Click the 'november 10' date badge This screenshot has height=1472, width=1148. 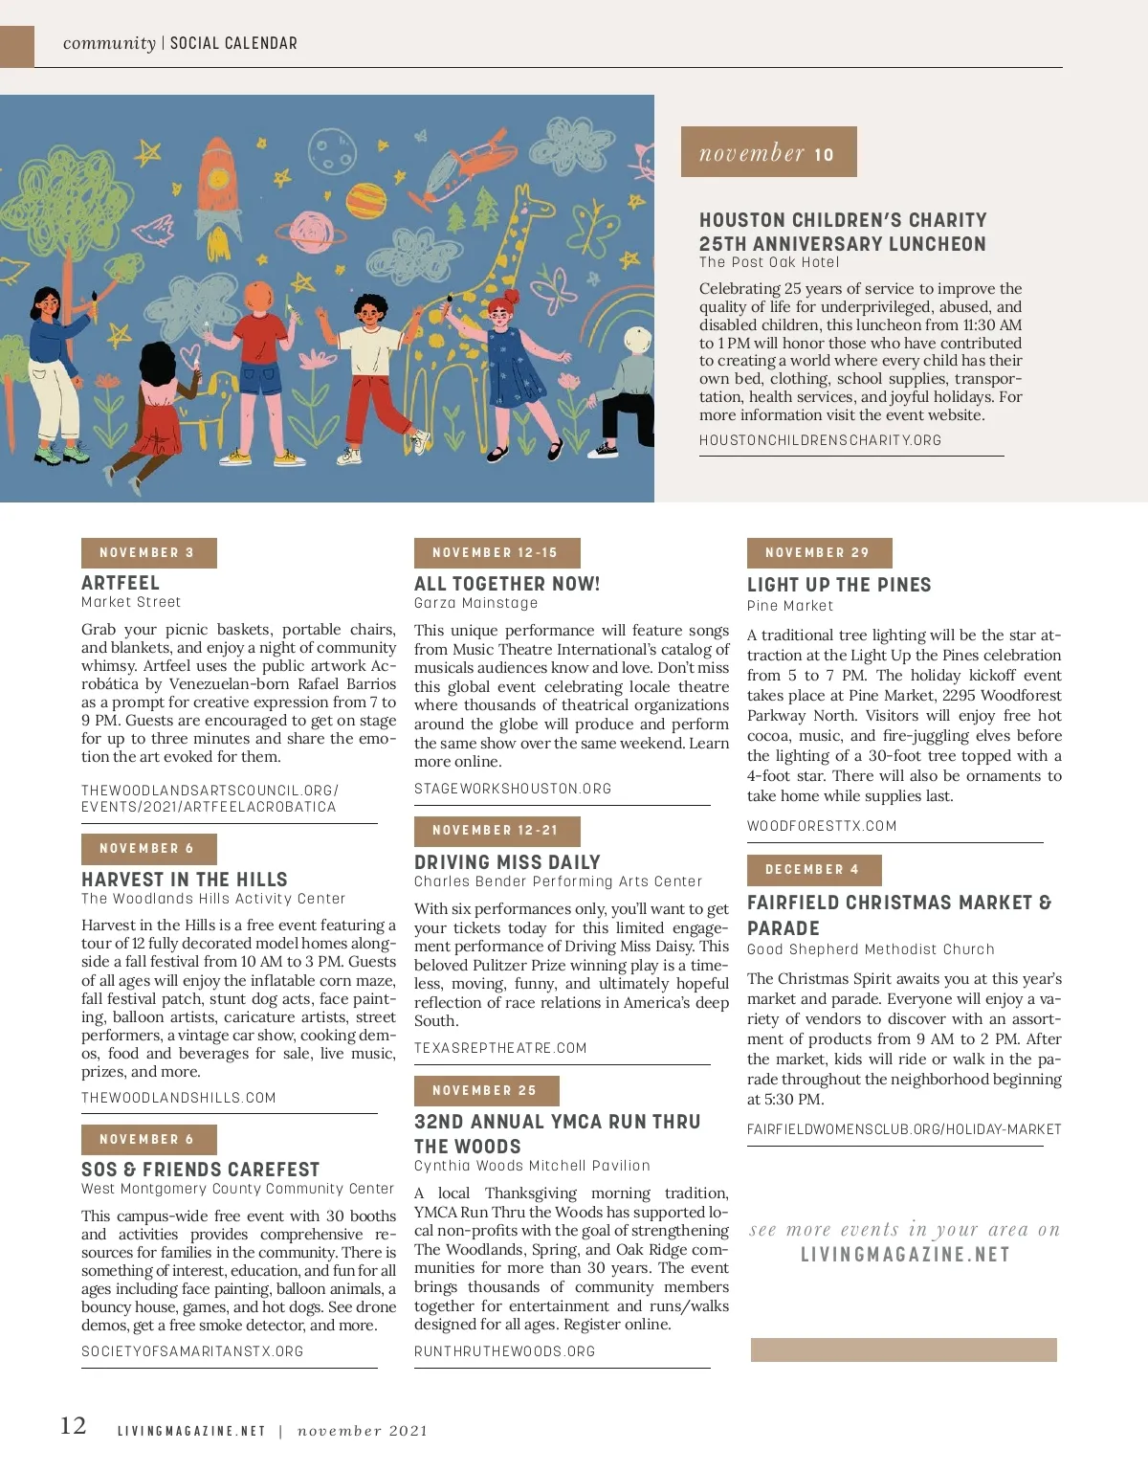pyautogui.click(x=768, y=152)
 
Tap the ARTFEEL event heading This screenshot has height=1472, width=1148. pyautogui.click(x=121, y=583)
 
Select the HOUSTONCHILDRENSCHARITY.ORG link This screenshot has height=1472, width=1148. pyautogui.click(x=820, y=440)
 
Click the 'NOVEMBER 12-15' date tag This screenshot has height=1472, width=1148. pyautogui.click(x=497, y=553)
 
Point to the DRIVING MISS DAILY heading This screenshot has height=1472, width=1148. pyautogui.click(x=507, y=862)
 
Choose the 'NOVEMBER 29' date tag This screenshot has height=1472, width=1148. pyautogui.click(x=819, y=553)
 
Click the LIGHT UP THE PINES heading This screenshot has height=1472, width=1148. pyautogui.click(x=839, y=585)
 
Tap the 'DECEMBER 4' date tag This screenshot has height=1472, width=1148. pyautogui.click(x=813, y=870)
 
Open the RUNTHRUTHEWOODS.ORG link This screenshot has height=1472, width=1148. pyautogui.click(x=504, y=1351)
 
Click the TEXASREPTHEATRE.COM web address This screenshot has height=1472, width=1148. pyautogui.click(x=500, y=1048)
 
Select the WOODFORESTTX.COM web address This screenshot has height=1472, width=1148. pyautogui.click(x=822, y=826)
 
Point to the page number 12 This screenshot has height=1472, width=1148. pyautogui.click(x=73, y=1426)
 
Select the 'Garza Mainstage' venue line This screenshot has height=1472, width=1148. pyautogui.click(x=475, y=603)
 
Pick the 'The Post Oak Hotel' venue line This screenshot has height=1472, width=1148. pyautogui.click(x=769, y=262)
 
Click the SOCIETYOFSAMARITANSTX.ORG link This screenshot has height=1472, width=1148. pyautogui.click(x=192, y=1351)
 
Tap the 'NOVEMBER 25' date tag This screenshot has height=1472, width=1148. pyautogui.click(x=486, y=1091)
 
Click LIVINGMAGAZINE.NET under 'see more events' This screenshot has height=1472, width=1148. pyautogui.click(x=905, y=1255)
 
